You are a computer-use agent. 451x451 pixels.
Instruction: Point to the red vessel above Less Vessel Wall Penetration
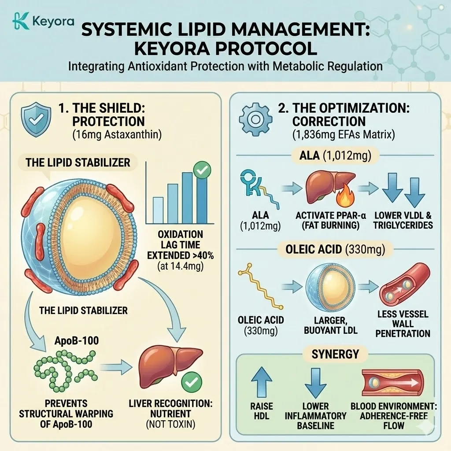pos(404,286)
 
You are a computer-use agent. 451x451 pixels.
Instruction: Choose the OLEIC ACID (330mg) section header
pos(333,250)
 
